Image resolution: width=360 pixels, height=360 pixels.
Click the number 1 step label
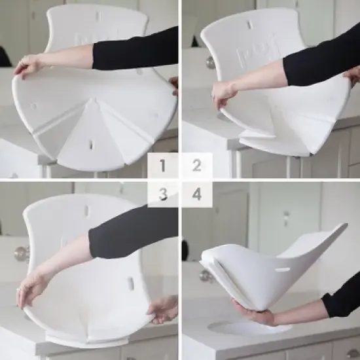coord(163,166)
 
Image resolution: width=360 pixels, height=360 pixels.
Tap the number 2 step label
coord(196,166)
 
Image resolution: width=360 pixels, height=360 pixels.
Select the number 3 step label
coord(163,194)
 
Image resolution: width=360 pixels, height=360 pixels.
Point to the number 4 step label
coord(196,194)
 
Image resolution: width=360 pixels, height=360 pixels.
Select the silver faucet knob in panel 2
coord(211,63)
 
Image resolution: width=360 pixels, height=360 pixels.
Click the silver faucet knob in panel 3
coord(22,253)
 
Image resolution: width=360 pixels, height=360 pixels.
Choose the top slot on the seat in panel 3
coord(86,211)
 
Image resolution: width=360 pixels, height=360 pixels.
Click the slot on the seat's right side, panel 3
coord(130,283)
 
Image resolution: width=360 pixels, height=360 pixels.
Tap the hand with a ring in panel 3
coord(31,288)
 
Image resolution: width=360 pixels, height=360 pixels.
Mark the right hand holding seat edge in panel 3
coord(162,310)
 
